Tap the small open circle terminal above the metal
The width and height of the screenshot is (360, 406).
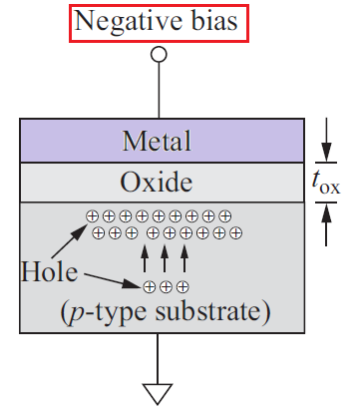click(158, 56)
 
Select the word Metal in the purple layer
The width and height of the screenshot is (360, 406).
click(157, 142)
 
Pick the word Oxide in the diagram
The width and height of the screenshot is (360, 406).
click(157, 183)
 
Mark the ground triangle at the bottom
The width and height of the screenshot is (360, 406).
click(158, 392)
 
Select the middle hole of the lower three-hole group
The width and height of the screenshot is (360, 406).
click(166, 287)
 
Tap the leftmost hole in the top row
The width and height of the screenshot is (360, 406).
click(93, 215)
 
